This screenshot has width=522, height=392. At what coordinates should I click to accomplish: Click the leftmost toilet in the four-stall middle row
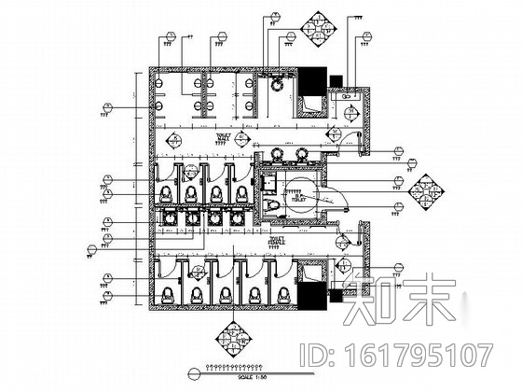166,191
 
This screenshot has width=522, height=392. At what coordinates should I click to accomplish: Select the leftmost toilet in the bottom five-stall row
169,290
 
